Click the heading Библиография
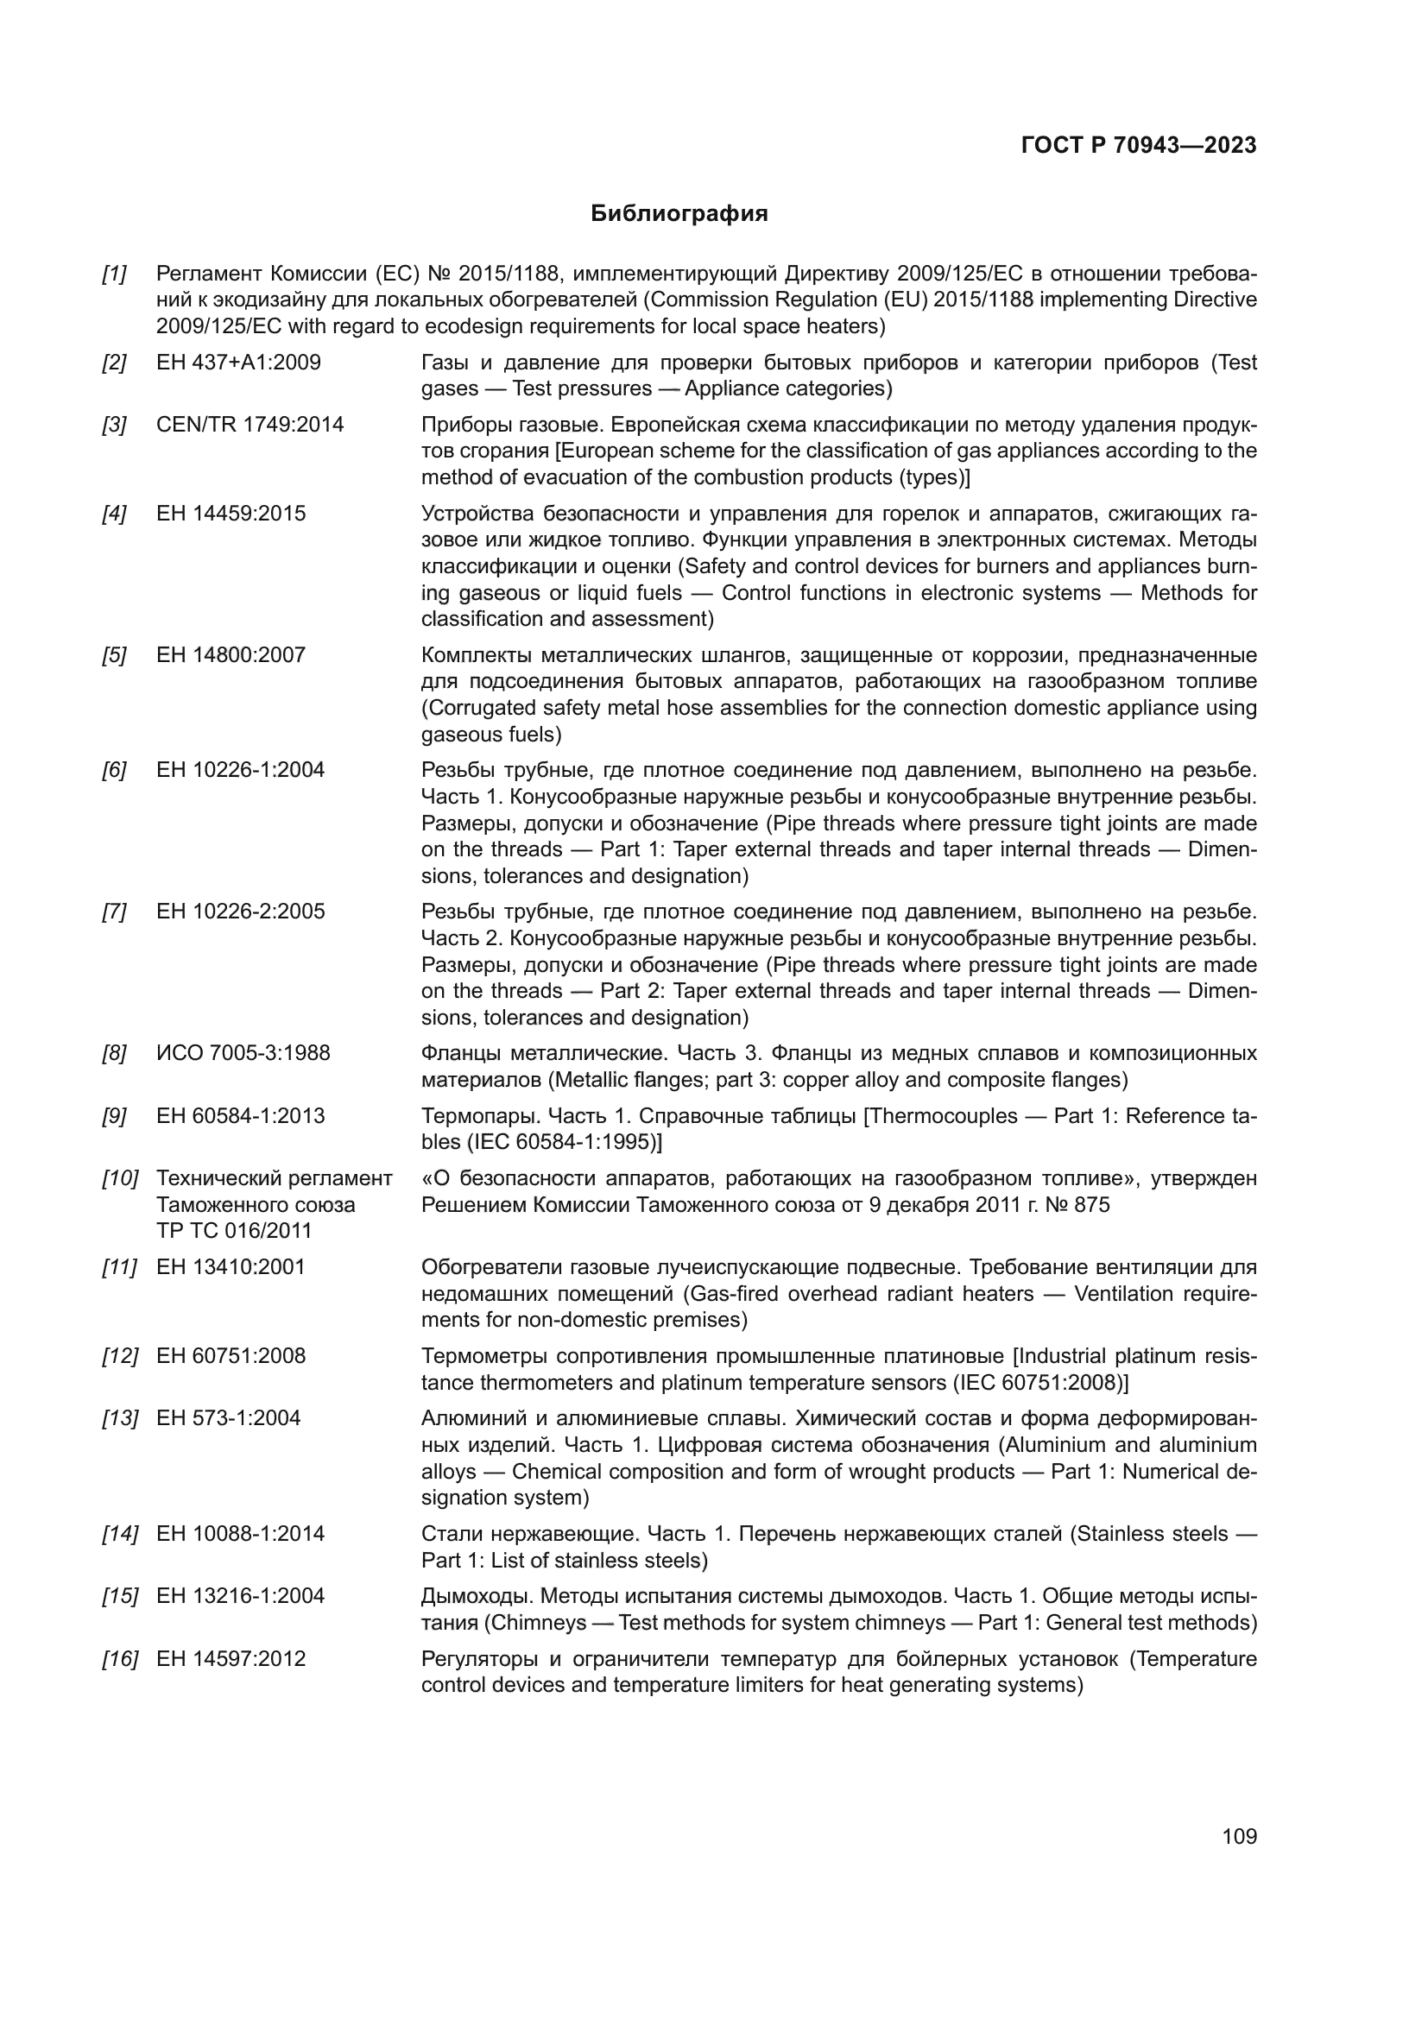point(679,214)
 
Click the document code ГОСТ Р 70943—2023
point(1139,146)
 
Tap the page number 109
point(1239,1837)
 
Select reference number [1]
point(114,274)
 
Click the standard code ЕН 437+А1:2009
point(238,363)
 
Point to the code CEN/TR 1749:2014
point(250,425)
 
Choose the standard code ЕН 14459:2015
point(231,514)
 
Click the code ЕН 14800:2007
point(231,655)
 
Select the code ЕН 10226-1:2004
point(240,770)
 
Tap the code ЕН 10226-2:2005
point(240,912)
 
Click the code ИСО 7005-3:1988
point(243,1053)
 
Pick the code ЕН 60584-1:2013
point(240,1116)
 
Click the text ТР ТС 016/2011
point(234,1231)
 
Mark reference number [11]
point(120,1267)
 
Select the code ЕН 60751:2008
point(231,1356)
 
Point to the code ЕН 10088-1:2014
point(240,1534)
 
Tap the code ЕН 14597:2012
point(231,1658)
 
